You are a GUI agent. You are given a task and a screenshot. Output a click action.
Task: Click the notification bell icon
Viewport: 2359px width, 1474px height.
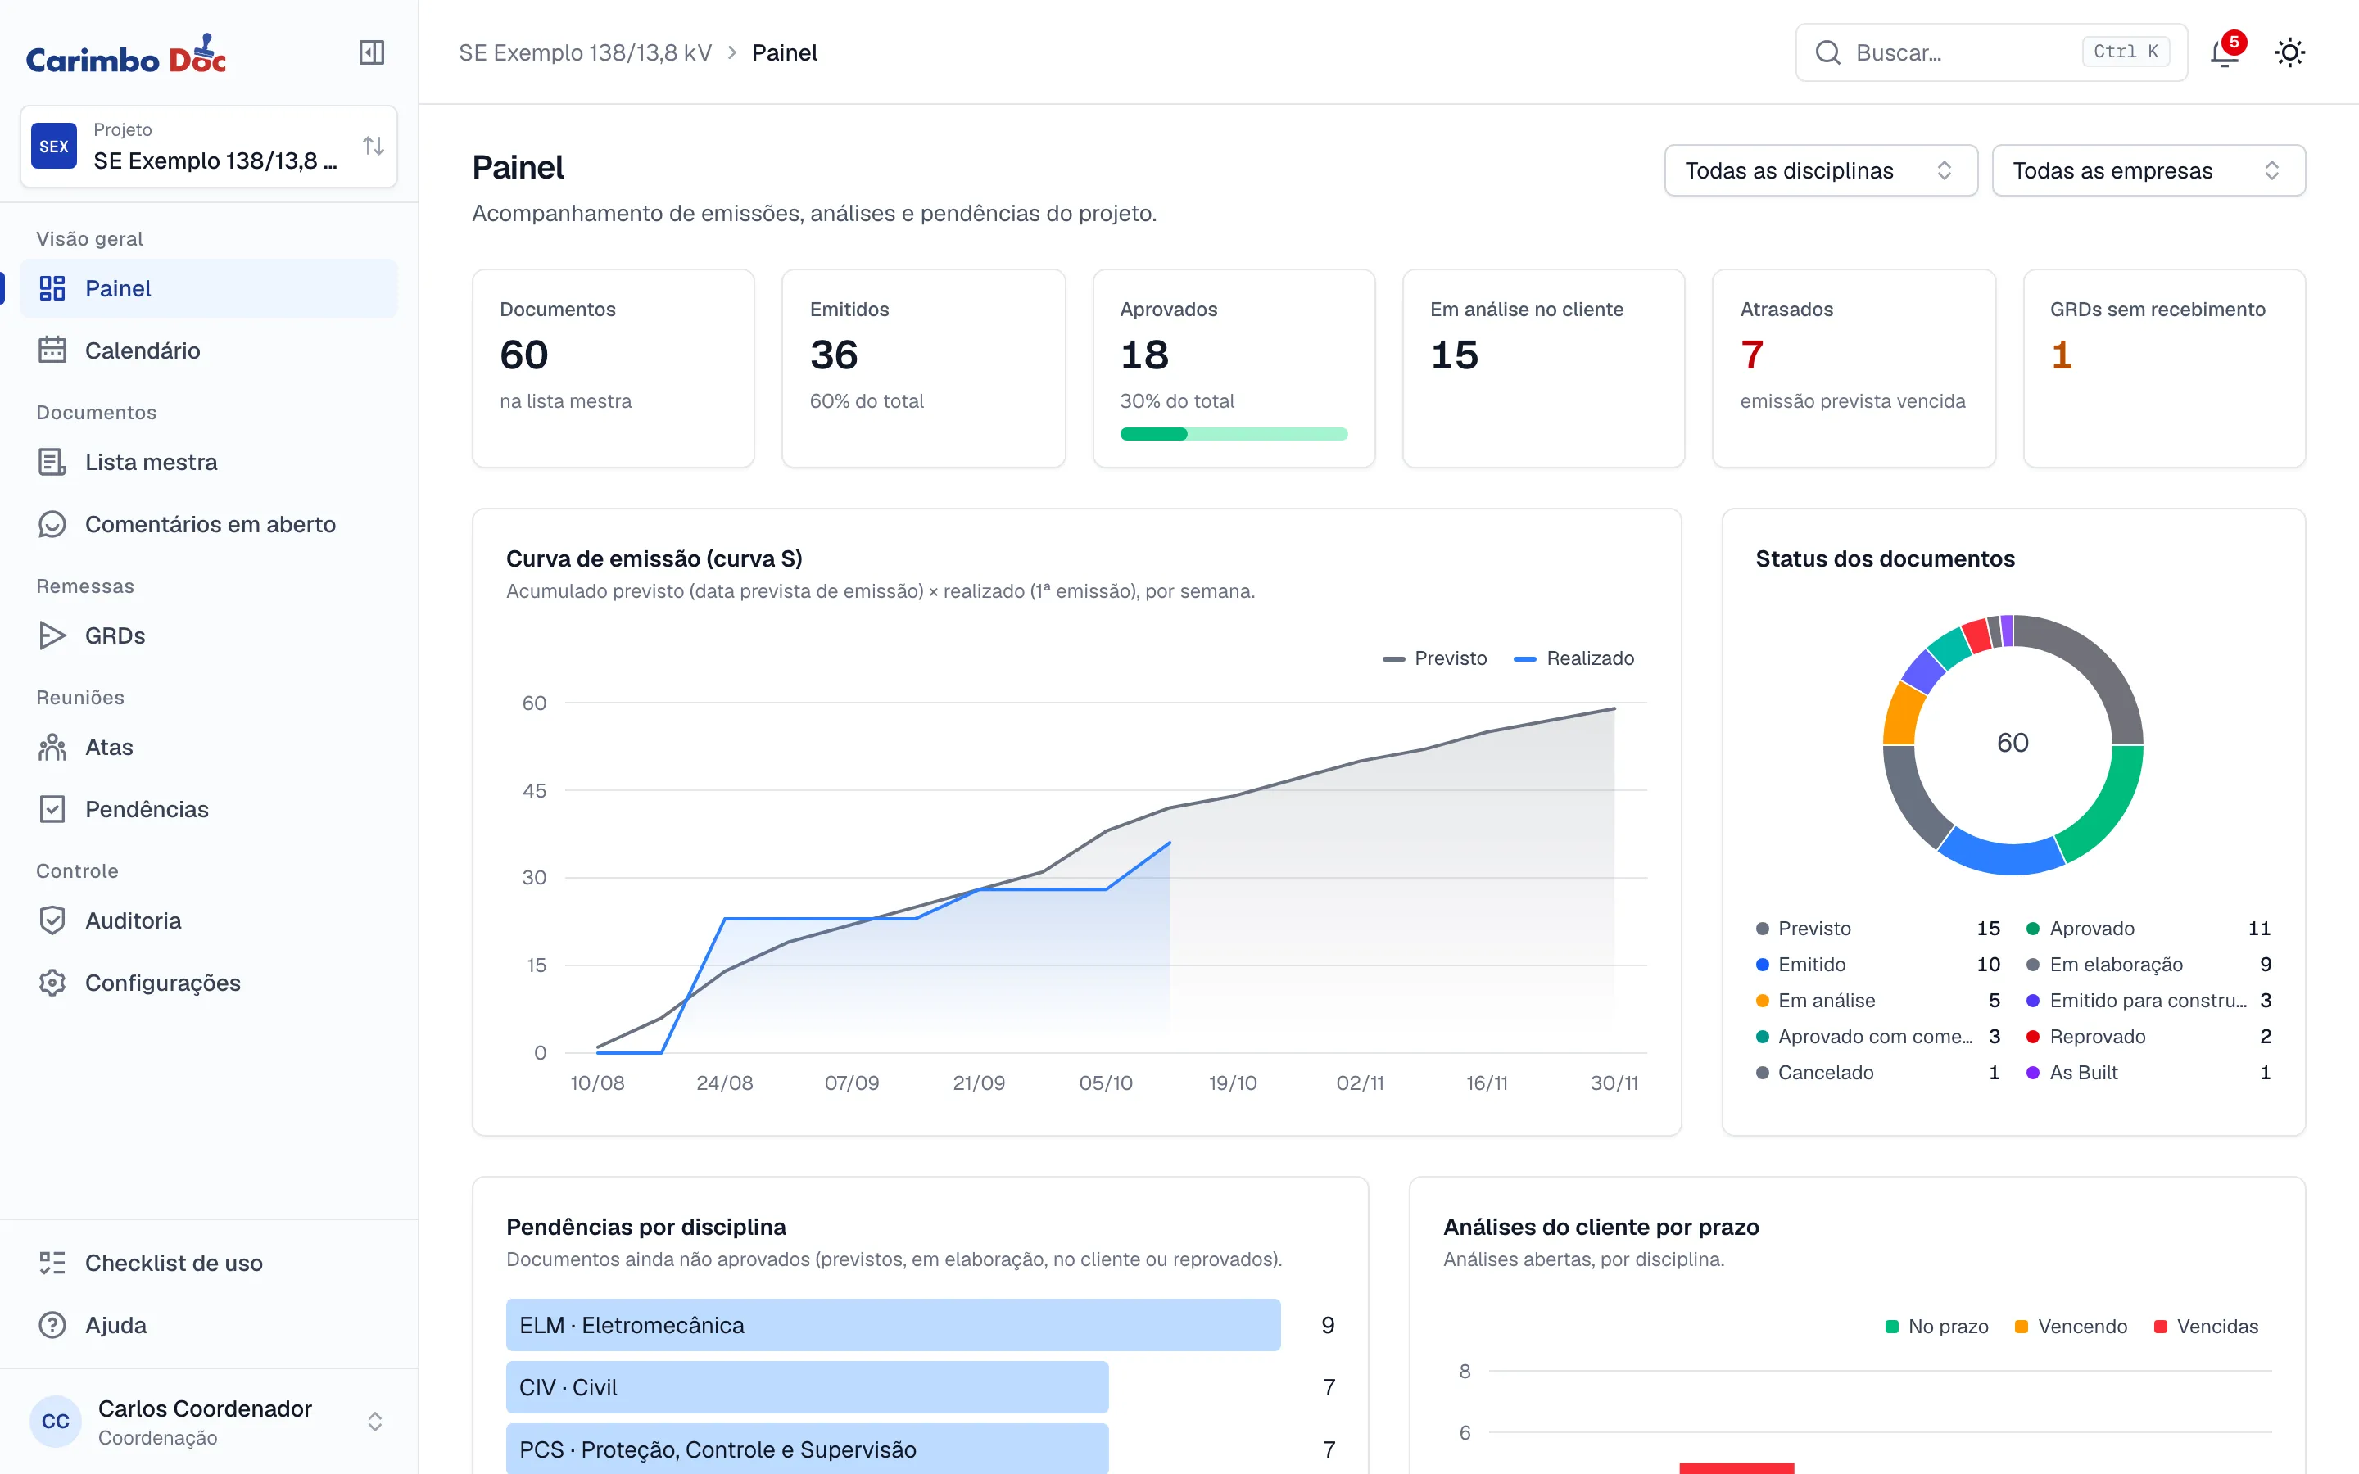click(x=2225, y=52)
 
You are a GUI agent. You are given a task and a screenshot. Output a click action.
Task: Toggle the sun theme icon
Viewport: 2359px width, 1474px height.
click(x=2290, y=52)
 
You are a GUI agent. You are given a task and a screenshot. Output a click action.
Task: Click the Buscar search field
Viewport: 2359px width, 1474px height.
click(x=1991, y=52)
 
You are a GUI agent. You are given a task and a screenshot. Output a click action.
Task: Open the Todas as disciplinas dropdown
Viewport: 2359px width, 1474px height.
click(x=1821, y=170)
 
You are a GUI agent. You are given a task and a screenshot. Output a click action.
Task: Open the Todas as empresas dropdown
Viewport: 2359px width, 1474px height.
click(x=2148, y=170)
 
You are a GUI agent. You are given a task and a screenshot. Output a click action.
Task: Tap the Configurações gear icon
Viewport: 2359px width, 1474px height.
click(x=52, y=983)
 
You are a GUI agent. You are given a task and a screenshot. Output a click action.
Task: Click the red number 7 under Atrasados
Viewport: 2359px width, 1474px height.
click(x=1752, y=355)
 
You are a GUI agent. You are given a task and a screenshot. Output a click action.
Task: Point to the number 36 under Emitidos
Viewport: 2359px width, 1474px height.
click(x=835, y=355)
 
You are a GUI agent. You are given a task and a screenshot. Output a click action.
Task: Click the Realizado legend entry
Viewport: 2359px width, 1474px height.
click(x=1573, y=659)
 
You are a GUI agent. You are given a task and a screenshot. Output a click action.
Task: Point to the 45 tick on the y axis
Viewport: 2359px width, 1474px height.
click(x=534, y=790)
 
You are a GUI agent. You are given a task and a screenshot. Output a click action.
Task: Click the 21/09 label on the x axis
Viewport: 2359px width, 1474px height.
click(x=979, y=1083)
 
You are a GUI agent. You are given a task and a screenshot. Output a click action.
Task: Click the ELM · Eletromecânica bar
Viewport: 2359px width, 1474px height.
click(x=893, y=1325)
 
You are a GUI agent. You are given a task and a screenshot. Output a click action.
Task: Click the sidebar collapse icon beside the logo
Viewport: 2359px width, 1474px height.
click(x=371, y=52)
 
